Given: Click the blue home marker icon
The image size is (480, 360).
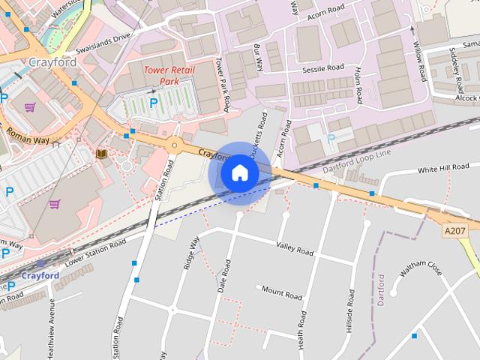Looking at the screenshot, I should click(239, 172).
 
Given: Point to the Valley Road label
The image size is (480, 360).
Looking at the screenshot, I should click(295, 249).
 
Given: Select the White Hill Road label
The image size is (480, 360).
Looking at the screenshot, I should click(443, 167).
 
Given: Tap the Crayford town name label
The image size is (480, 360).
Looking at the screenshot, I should click(53, 61).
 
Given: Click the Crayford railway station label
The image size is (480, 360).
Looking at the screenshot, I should click(40, 276).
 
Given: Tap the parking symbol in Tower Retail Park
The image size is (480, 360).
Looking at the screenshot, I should click(154, 102).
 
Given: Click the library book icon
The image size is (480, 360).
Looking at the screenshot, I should click(101, 154).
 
